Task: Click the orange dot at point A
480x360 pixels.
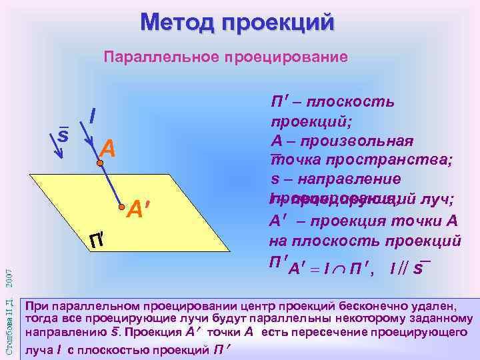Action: tap(99, 162)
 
